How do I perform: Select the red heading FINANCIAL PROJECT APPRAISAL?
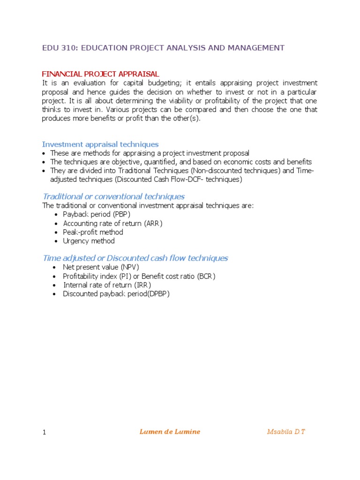coord(101,74)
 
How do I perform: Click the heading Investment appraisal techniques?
coord(100,144)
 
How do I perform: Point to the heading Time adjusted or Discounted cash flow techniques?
coord(135,258)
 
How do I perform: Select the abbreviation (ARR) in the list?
coord(153,223)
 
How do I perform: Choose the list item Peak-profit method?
coord(93,232)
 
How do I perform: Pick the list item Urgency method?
coord(89,241)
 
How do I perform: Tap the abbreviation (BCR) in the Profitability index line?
coord(206,276)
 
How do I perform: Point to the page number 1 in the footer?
coord(44,432)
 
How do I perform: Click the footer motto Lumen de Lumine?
coord(170,432)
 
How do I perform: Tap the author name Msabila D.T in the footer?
coord(286,432)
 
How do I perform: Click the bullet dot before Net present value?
coord(55,267)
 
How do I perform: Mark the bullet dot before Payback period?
coord(55,215)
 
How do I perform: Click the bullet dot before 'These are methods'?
coord(44,153)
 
